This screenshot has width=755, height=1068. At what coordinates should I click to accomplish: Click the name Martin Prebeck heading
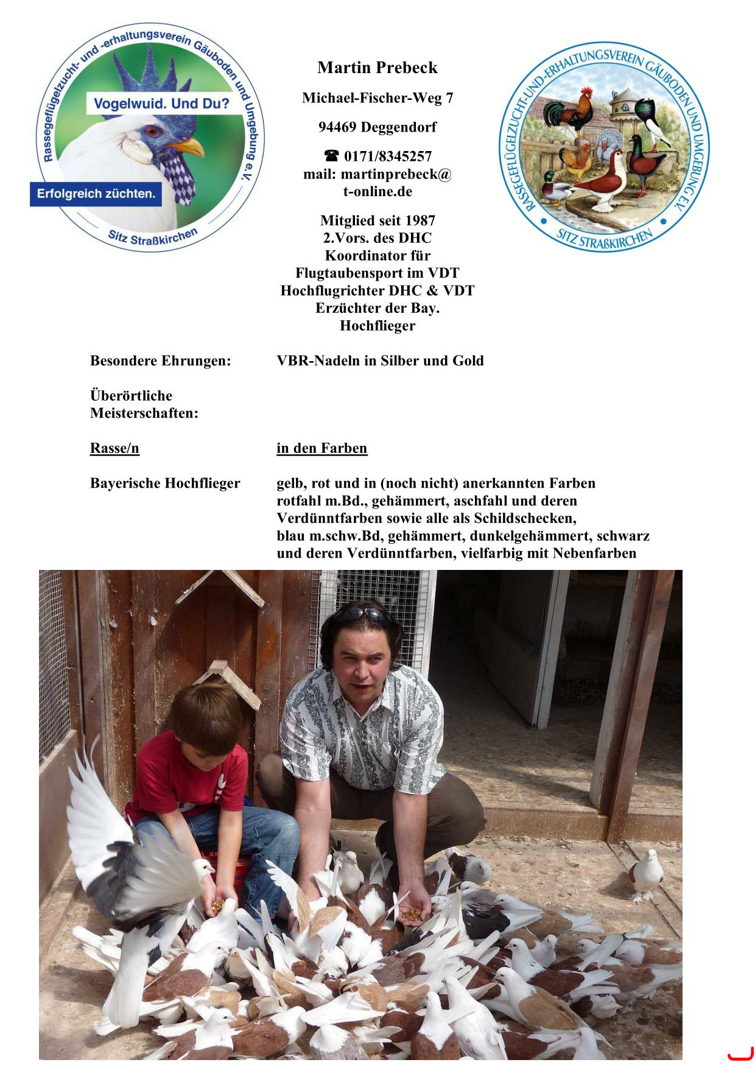coord(377,68)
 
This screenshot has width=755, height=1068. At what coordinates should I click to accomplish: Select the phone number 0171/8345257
coord(388,156)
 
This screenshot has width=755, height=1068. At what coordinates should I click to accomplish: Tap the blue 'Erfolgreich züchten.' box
coord(96,194)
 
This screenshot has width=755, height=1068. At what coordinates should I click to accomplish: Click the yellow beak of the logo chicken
coord(187,147)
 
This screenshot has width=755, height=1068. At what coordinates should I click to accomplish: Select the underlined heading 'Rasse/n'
coord(114,449)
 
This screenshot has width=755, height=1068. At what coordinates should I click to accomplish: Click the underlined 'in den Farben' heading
coord(321,449)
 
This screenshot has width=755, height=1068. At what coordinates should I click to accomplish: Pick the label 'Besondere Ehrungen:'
coord(161,361)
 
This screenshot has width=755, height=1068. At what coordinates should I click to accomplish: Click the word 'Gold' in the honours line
coord(468,361)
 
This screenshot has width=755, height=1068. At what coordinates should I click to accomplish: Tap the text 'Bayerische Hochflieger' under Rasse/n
coord(165,483)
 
